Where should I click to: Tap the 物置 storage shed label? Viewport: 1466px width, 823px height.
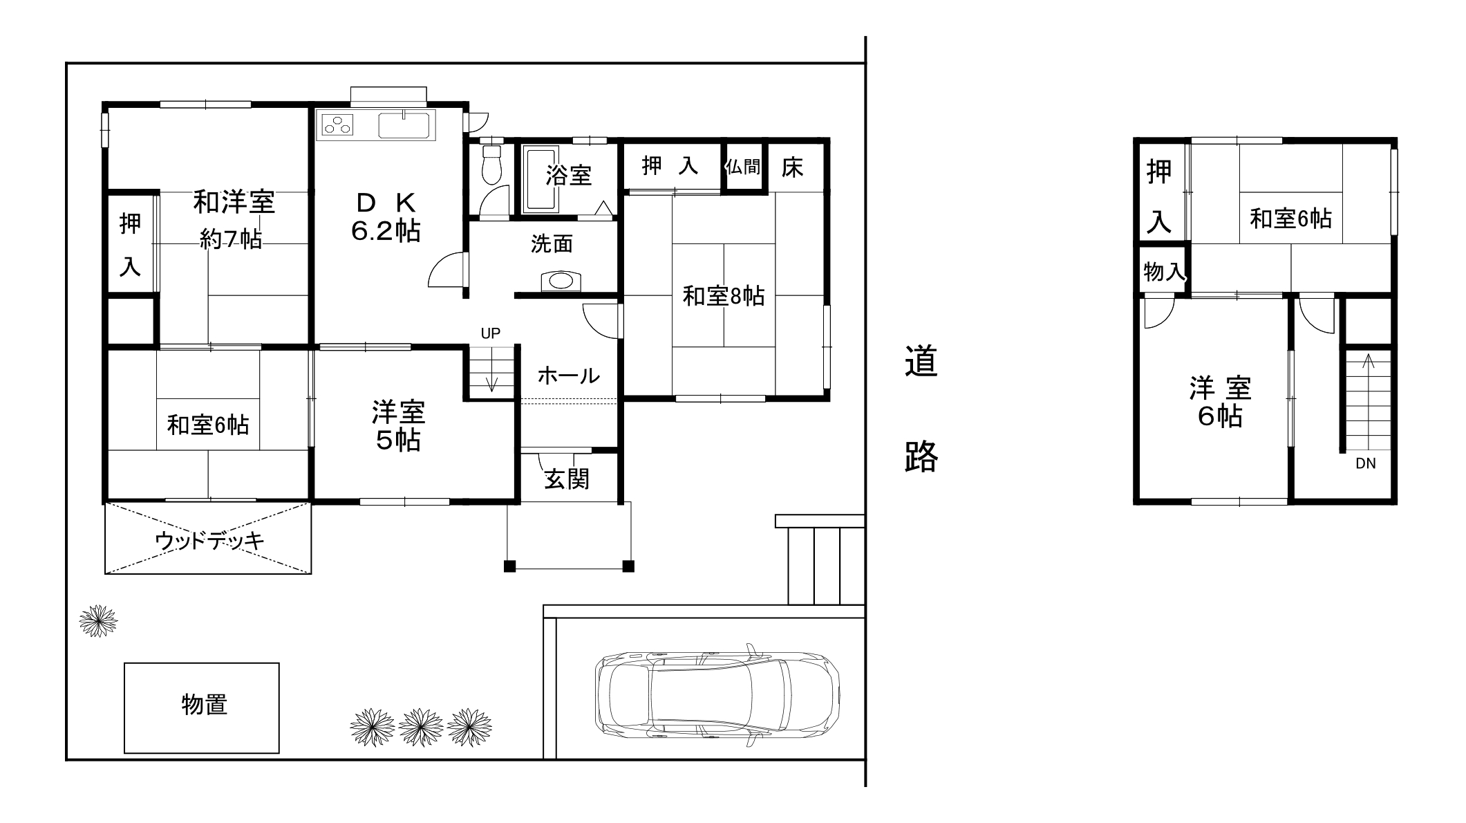(x=204, y=705)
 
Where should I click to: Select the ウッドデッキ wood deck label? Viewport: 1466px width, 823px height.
(x=209, y=541)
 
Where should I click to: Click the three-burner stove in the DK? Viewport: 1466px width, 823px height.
(x=337, y=125)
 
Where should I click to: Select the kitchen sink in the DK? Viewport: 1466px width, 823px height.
(x=404, y=125)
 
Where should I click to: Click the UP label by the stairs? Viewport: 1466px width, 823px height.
(x=490, y=333)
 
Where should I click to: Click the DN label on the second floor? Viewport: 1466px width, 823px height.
(x=1365, y=463)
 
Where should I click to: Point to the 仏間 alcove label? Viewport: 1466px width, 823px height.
(x=743, y=167)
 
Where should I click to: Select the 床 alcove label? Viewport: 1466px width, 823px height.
(x=792, y=167)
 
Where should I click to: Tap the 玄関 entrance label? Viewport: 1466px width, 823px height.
(x=567, y=479)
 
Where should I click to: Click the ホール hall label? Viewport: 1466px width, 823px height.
(x=568, y=376)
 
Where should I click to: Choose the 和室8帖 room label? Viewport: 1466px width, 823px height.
(x=723, y=296)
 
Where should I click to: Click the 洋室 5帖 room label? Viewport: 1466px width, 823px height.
(x=398, y=425)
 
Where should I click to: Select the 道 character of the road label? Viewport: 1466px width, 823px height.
(x=921, y=362)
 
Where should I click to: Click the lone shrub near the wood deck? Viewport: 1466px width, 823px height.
(x=97, y=620)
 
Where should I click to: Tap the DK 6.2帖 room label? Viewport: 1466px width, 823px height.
(x=386, y=217)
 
